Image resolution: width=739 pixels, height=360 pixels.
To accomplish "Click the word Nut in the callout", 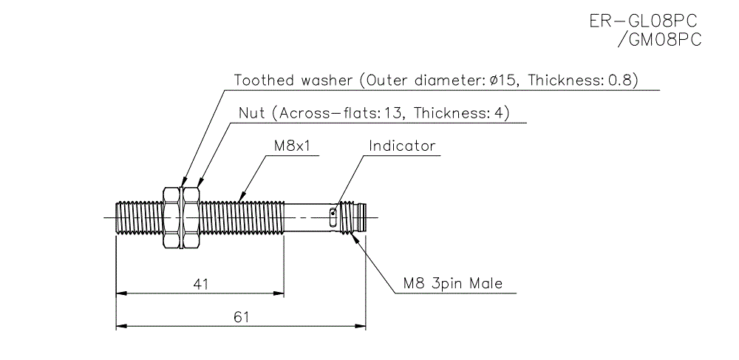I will click(251, 113).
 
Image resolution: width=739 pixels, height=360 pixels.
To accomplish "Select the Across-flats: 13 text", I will click(338, 113).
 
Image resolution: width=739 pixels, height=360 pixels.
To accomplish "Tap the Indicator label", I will click(402, 146).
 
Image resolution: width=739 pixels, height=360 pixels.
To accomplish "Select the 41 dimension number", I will click(200, 283).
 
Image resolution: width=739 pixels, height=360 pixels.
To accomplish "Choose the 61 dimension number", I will click(240, 316).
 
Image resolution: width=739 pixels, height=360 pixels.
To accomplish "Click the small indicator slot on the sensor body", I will click(333, 216).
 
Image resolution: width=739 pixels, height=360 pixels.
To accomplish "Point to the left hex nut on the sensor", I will click(170, 216).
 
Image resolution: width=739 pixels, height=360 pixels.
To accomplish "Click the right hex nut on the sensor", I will click(191, 216).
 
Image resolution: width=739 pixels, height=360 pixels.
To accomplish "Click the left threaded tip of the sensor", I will click(122, 216).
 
